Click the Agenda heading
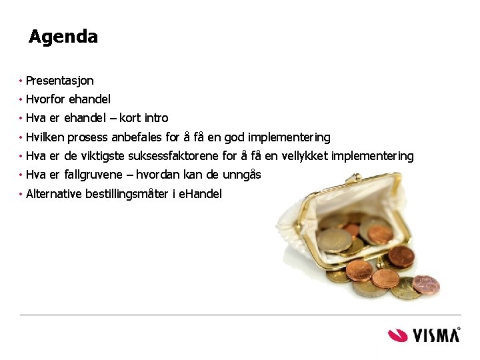click(x=63, y=37)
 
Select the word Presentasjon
click(x=59, y=81)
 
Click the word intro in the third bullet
click(x=156, y=118)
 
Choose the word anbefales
click(x=137, y=137)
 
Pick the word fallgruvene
click(x=90, y=175)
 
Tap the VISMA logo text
click(x=436, y=334)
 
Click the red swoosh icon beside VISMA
click(x=398, y=334)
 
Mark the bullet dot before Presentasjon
click(x=21, y=81)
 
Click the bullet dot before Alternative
click(x=21, y=194)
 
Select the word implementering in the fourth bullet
click(x=289, y=137)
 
